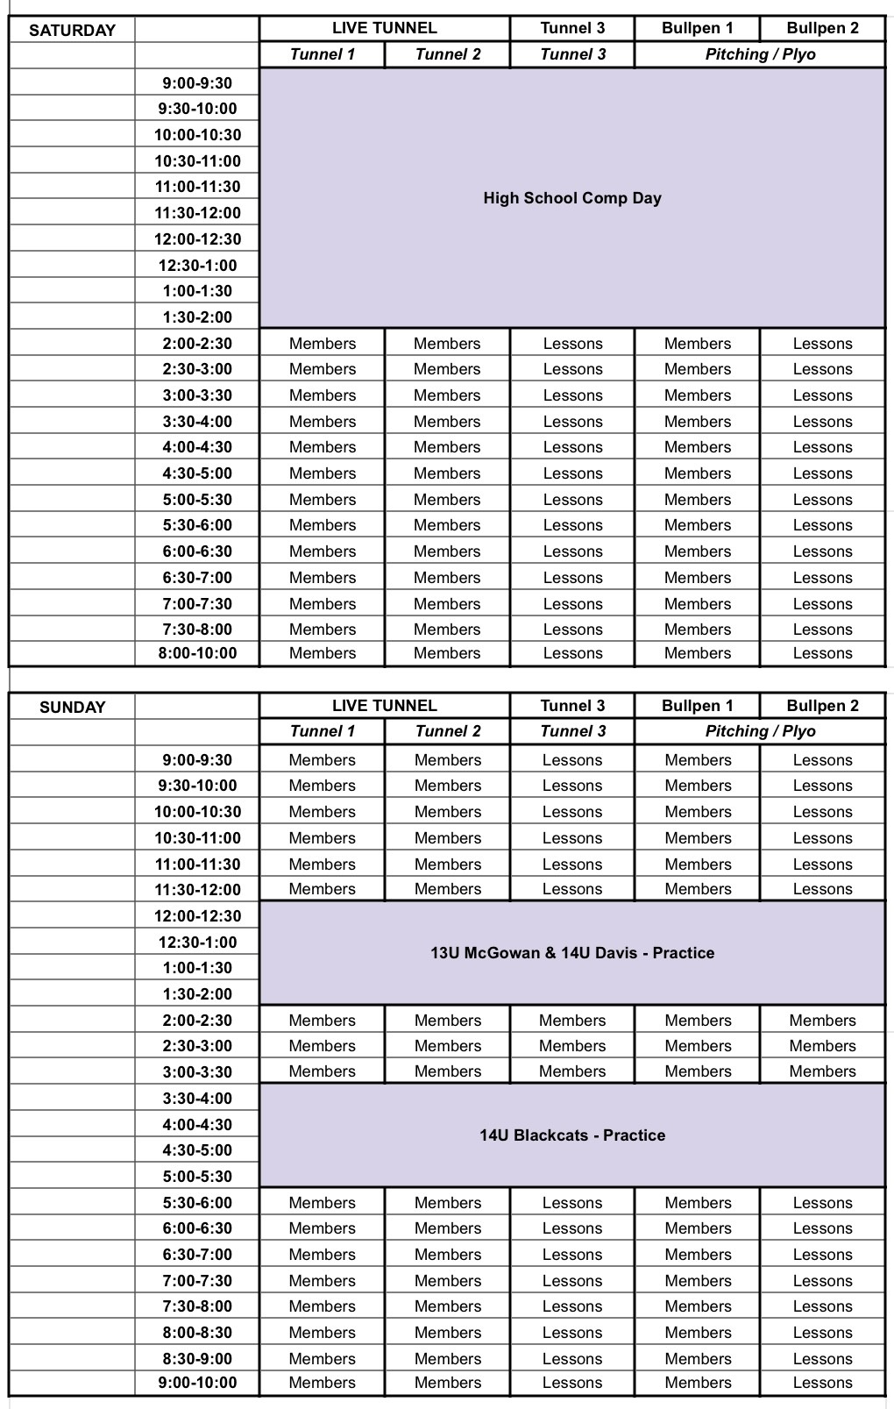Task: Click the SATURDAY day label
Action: pyautogui.click(x=72, y=30)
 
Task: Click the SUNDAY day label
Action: pyautogui.click(x=72, y=707)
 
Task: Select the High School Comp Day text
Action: pyautogui.click(x=572, y=198)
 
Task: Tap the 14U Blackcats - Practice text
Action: pyautogui.click(x=572, y=1135)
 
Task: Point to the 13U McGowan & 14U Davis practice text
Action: pyautogui.click(x=572, y=953)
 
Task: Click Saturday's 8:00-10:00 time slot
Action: pyautogui.click(x=197, y=653)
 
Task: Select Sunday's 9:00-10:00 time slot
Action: pyautogui.click(x=197, y=1383)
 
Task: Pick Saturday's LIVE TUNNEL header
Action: pyautogui.click(x=384, y=28)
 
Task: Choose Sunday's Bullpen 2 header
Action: pyautogui.click(x=822, y=706)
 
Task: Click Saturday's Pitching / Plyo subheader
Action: pyautogui.click(x=760, y=54)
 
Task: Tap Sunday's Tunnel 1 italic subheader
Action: pyautogui.click(x=323, y=731)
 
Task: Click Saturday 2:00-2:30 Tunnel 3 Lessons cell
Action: pyautogui.click(x=572, y=344)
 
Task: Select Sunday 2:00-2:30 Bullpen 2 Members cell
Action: pyautogui.click(x=822, y=1021)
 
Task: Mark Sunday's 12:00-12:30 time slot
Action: pyautogui.click(x=197, y=916)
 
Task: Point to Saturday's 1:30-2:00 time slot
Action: pyautogui.click(x=197, y=317)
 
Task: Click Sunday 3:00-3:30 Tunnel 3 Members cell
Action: pyautogui.click(x=572, y=1071)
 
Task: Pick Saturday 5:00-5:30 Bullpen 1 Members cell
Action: pyautogui.click(x=698, y=500)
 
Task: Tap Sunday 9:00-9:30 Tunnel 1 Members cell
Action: pyautogui.click(x=323, y=760)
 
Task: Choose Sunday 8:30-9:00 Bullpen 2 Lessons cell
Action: pyautogui.click(x=822, y=1359)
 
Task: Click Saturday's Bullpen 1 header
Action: pyautogui.click(x=698, y=28)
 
